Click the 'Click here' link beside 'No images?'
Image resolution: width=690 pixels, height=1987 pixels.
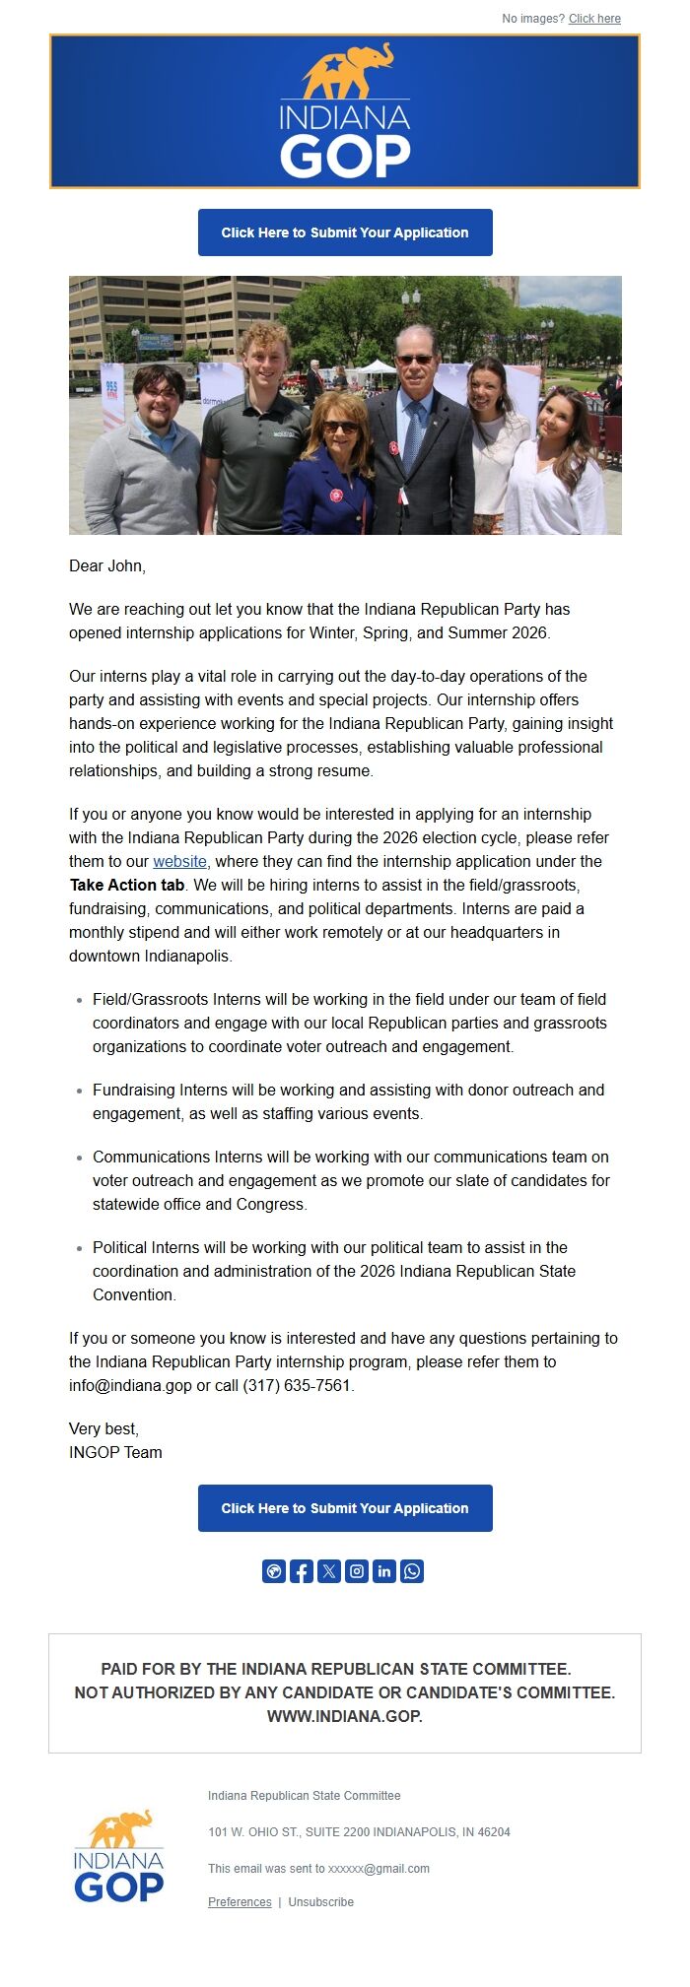tap(594, 19)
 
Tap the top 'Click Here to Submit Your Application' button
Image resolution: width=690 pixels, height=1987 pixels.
tap(345, 232)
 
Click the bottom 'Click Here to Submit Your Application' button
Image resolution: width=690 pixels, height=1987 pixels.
tap(345, 1508)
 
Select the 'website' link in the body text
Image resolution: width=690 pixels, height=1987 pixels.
tap(179, 861)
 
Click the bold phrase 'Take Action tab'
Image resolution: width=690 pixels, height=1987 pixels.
tap(127, 885)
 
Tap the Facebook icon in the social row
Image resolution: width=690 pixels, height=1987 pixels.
tap(302, 1571)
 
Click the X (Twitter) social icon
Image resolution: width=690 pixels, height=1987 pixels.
tap(329, 1571)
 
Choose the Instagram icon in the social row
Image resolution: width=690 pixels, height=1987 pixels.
tap(357, 1571)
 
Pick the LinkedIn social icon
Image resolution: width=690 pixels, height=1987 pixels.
tap(384, 1571)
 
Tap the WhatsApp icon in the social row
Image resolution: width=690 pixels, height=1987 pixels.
tap(412, 1571)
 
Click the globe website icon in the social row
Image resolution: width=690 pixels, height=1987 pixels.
tap(274, 1571)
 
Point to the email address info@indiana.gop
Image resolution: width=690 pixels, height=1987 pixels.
tap(130, 1385)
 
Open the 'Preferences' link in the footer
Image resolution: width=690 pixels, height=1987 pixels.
tap(240, 1901)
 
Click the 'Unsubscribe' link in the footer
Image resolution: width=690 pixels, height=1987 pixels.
tap(320, 1901)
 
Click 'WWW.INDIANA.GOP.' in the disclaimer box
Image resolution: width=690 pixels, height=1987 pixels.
tap(345, 1716)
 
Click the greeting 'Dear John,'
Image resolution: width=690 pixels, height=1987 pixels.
tap(107, 565)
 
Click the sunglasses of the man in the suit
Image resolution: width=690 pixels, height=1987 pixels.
tap(415, 361)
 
